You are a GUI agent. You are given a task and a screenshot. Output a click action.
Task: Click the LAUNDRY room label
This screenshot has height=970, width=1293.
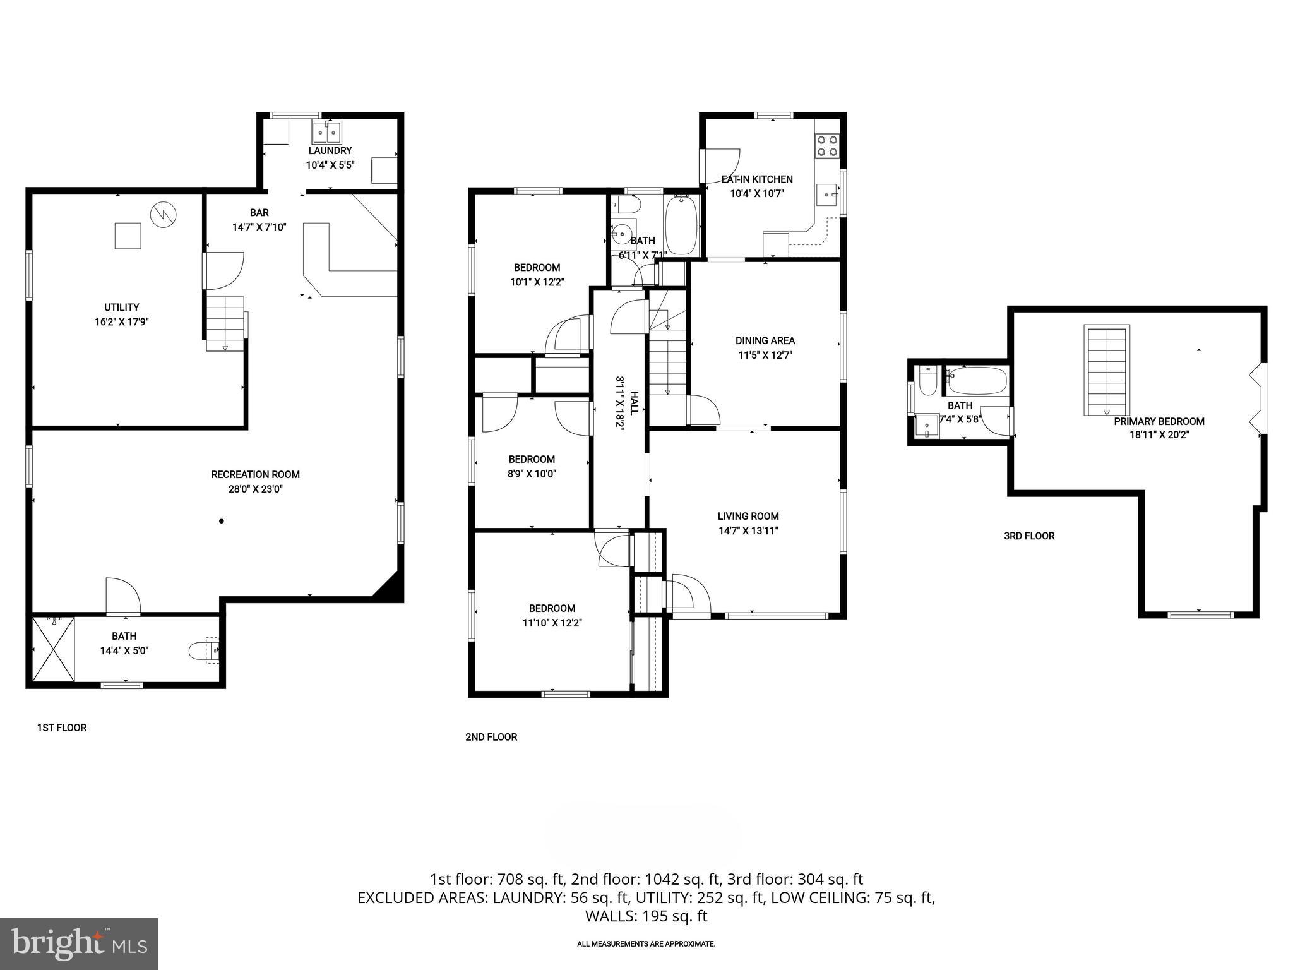(330, 151)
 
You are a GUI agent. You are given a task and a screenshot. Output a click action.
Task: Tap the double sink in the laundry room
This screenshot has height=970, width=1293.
(326, 133)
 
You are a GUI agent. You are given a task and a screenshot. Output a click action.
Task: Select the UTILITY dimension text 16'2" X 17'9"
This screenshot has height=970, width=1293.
(121, 321)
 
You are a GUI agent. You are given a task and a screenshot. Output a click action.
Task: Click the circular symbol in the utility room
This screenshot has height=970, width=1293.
(164, 215)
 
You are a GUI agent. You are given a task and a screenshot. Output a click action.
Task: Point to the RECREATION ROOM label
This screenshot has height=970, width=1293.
(255, 474)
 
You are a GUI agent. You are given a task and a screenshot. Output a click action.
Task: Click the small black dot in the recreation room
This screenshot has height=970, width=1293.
(222, 521)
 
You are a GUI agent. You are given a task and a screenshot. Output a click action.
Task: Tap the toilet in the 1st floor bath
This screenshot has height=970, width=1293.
(203, 650)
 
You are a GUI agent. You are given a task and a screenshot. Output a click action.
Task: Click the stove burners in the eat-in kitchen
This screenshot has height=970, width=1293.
(828, 146)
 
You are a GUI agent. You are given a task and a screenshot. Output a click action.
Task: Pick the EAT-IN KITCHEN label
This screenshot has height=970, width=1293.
(757, 179)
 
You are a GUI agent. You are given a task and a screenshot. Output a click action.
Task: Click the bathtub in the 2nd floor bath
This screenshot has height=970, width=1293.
(681, 224)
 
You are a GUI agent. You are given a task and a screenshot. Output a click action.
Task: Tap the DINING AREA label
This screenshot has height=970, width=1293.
(765, 340)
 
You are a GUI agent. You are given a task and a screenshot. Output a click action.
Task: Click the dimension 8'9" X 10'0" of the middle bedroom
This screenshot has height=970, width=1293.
(532, 474)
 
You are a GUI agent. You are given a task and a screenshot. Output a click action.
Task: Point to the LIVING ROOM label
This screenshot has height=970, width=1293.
(748, 516)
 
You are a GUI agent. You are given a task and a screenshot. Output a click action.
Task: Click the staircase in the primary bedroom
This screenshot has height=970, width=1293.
(1107, 370)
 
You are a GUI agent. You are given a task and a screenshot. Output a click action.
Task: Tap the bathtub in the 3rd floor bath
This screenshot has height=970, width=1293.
(977, 381)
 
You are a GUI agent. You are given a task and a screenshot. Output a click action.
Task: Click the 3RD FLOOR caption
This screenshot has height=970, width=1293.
(1029, 536)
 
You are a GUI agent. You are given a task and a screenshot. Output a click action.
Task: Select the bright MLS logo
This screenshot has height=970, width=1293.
(79, 943)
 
